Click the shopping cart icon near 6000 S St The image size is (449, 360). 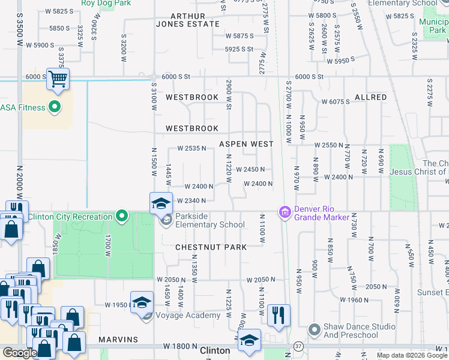click(x=58, y=79)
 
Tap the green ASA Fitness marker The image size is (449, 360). click(x=55, y=108)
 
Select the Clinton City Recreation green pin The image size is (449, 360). click(x=122, y=216)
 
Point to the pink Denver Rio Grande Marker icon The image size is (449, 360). click(x=284, y=212)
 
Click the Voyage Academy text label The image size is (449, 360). click(x=188, y=316)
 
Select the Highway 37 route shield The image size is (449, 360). click(x=298, y=346)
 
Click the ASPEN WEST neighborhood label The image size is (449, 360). click(x=246, y=144)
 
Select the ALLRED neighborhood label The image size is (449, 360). click(x=370, y=97)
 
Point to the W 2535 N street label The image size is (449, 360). click(x=191, y=148)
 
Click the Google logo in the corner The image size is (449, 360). click(x=19, y=353)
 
